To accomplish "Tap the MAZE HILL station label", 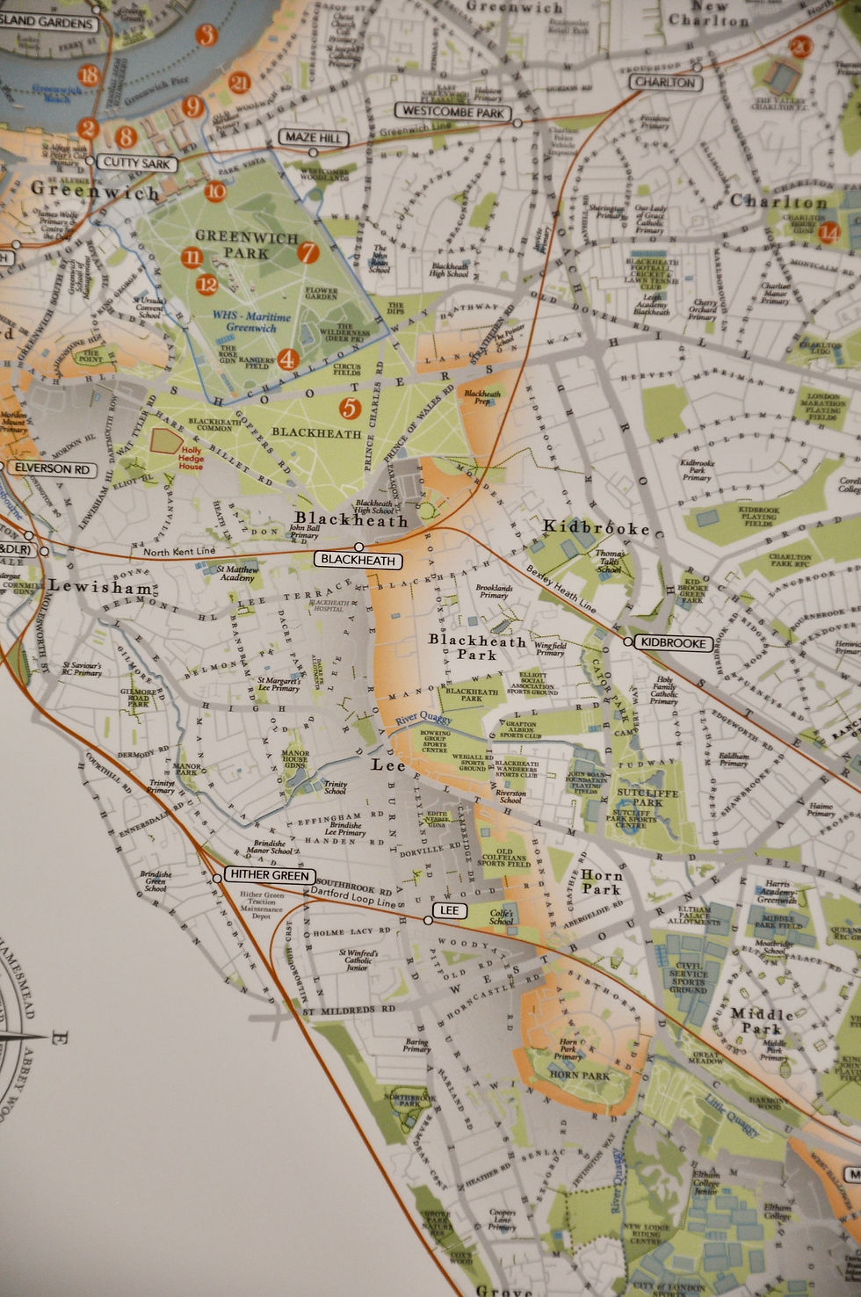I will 312,138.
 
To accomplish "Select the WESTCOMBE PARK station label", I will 452,112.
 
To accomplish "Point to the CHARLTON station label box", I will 665,82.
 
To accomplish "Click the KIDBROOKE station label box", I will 673,642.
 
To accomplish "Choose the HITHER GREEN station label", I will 269,875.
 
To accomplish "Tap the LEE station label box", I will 449,910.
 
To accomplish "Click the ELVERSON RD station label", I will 52,469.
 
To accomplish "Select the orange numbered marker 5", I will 350,408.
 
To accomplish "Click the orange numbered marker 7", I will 307,253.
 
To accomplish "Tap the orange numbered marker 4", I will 286,359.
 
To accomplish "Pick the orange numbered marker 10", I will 215,192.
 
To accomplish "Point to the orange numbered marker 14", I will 828,233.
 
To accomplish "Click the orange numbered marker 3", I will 206,35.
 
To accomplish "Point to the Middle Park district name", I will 761,1021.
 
